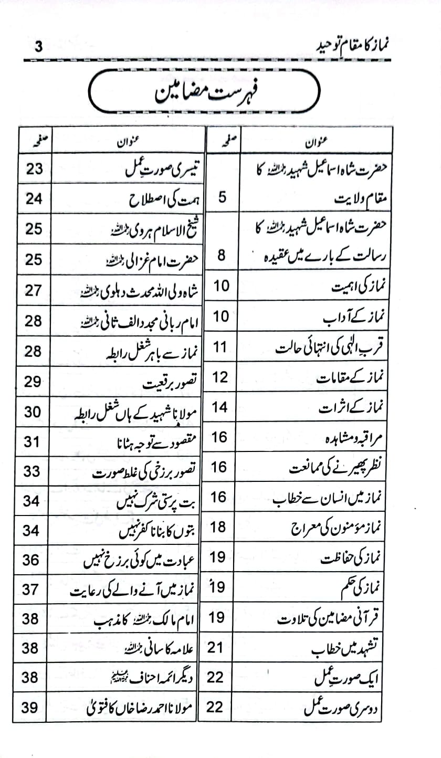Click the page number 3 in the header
point(38,47)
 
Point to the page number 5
point(222,198)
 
